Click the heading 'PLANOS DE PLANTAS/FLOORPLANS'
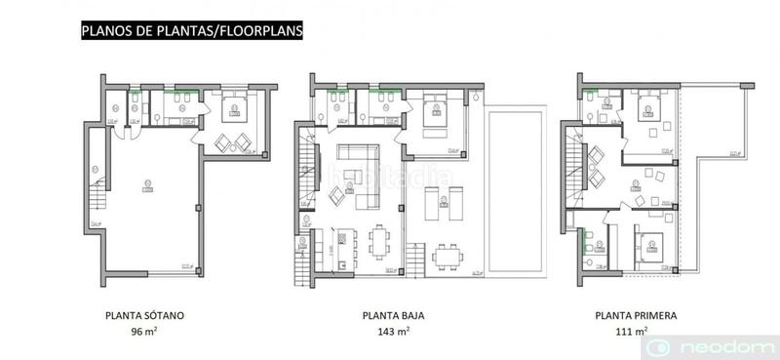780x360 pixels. [x=192, y=30]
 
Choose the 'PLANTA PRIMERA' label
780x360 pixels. [x=635, y=316]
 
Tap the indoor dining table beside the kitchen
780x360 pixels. [x=380, y=239]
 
